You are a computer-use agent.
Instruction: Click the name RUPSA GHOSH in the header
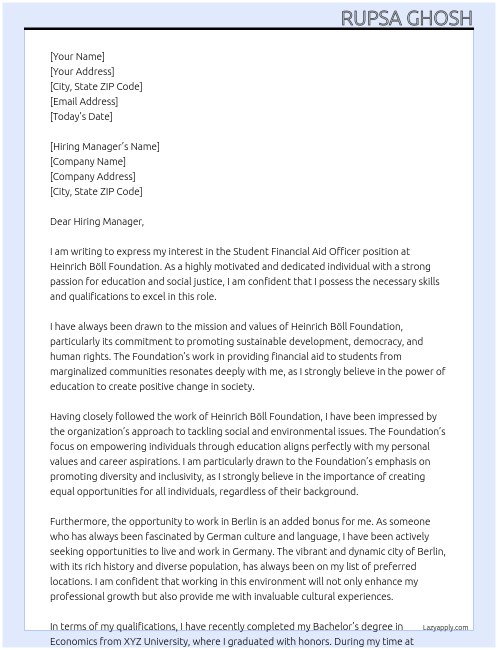pyautogui.click(x=406, y=18)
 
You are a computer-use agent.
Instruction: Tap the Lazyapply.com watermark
pyautogui.click(x=445, y=627)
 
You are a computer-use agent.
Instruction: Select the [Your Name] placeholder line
pyautogui.click(x=77, y=56)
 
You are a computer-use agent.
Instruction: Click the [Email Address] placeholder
pyautogui.click(x=84, y=101)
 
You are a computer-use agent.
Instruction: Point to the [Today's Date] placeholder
pyautogui.click(x=81, y=116)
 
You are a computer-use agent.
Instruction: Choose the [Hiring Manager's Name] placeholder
pyautogui.click(x=104, y=146)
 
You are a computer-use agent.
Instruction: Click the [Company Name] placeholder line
pyautogui.click(x=87, y=161)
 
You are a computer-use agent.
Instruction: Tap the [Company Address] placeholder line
pyautogui.click(x=92, y=176)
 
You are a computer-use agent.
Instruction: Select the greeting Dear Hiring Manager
pyautogui.click(x=96, y=221)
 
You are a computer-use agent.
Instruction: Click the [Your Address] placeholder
pyautogui.click(x=82, y=71)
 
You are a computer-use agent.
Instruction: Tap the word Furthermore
pyautogui.click(x=79, y=521)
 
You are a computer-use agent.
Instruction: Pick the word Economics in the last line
pyautogui.click(x=73, y=641)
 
